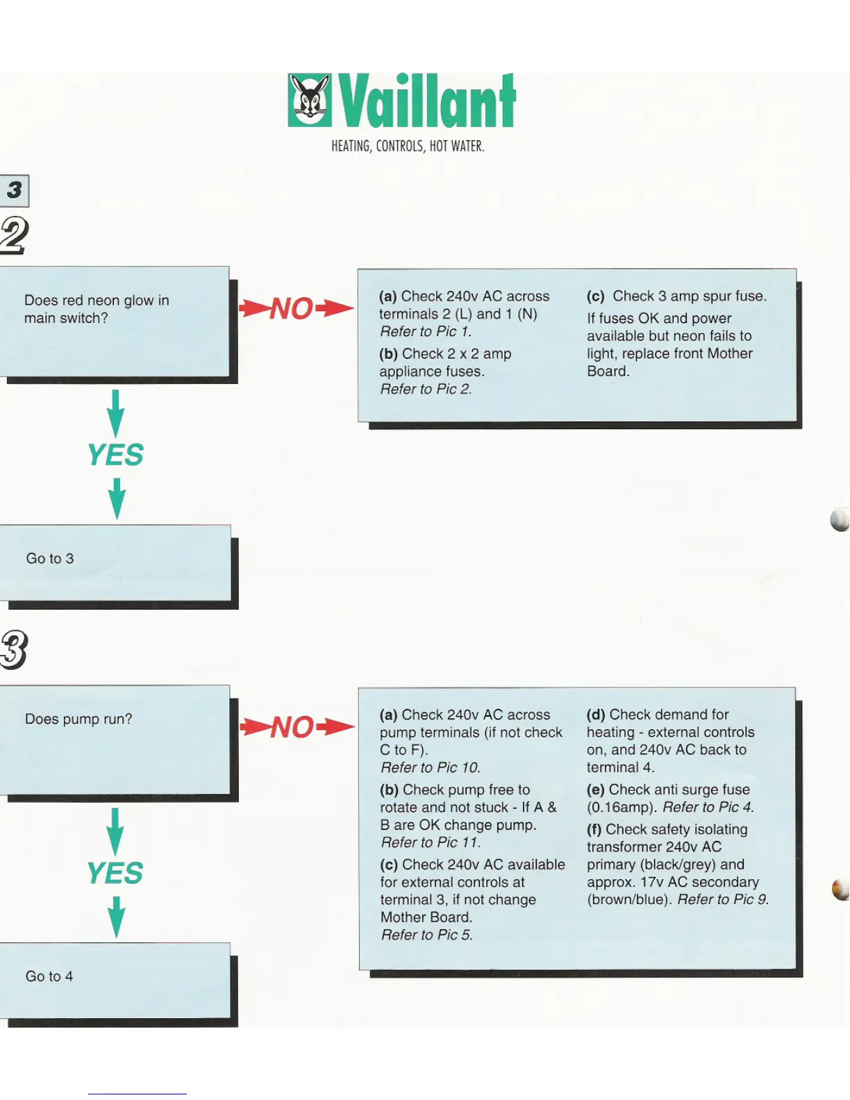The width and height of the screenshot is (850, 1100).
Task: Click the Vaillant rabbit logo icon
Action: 310,100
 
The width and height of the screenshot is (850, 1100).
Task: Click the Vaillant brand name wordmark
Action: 427,101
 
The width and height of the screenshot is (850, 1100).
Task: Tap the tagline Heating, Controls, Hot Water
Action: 408,146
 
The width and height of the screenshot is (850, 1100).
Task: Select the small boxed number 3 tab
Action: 15,190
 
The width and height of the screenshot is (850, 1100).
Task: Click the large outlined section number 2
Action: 14,235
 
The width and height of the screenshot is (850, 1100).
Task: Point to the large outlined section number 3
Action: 14,649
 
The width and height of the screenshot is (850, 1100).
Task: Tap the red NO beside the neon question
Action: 292,308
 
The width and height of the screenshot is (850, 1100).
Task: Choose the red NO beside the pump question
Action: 292,727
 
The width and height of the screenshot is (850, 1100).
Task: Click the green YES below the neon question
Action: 115,455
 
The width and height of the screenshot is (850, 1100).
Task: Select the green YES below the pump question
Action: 115,873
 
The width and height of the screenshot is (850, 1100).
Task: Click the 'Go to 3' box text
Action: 50,558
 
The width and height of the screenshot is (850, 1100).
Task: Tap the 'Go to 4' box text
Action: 49,976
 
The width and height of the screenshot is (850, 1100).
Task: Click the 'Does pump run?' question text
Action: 78,719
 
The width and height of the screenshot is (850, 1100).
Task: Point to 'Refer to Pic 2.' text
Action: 426,389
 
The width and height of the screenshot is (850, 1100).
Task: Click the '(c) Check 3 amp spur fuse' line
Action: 676,296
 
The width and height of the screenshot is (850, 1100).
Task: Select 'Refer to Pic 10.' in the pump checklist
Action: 431,767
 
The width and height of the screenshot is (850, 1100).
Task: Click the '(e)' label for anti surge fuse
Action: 595,790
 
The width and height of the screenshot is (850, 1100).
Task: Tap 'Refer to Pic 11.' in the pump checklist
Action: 431,842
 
